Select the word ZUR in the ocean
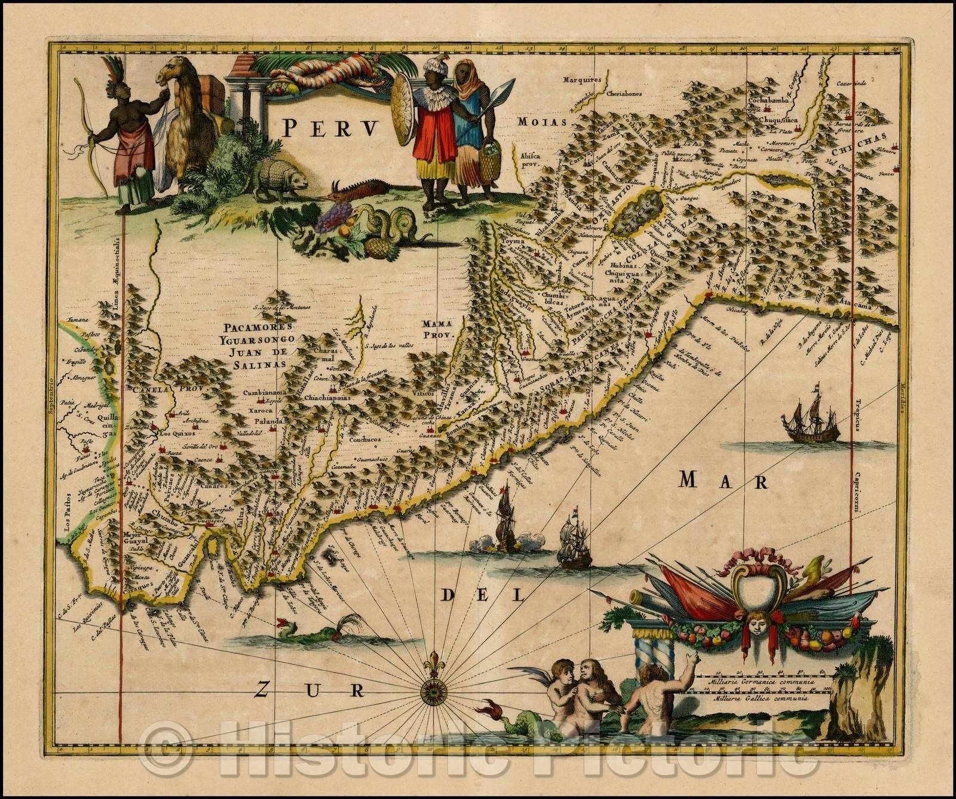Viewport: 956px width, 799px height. click(x=308, y=690)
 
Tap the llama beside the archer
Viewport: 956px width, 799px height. click(x=179, y=120)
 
